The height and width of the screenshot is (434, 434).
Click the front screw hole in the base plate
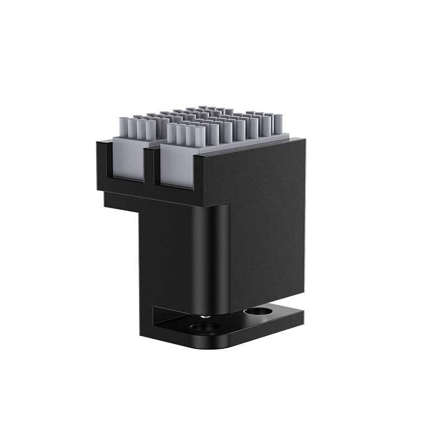[x=205, y=327]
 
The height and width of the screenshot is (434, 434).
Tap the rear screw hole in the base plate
[x=258, y=311]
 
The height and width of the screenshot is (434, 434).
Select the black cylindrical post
[x=209, y=255]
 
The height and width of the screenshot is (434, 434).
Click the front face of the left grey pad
[x=128, y=158]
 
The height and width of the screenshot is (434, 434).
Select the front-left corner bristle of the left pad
[x=124, y=127]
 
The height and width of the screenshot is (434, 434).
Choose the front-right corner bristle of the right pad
[x=200, y=136]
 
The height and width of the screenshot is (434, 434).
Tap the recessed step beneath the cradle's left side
[x=122, y=202]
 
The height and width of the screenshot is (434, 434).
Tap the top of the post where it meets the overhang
[x=209, y=206]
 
